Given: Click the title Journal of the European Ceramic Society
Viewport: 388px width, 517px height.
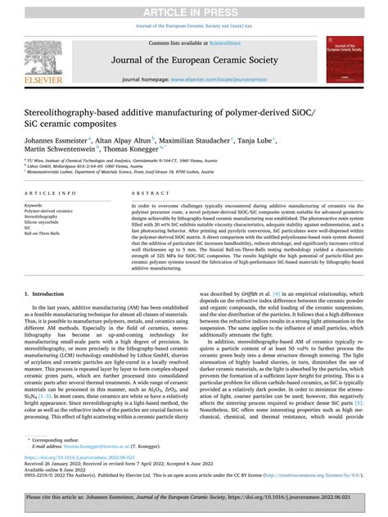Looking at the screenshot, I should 193,58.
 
